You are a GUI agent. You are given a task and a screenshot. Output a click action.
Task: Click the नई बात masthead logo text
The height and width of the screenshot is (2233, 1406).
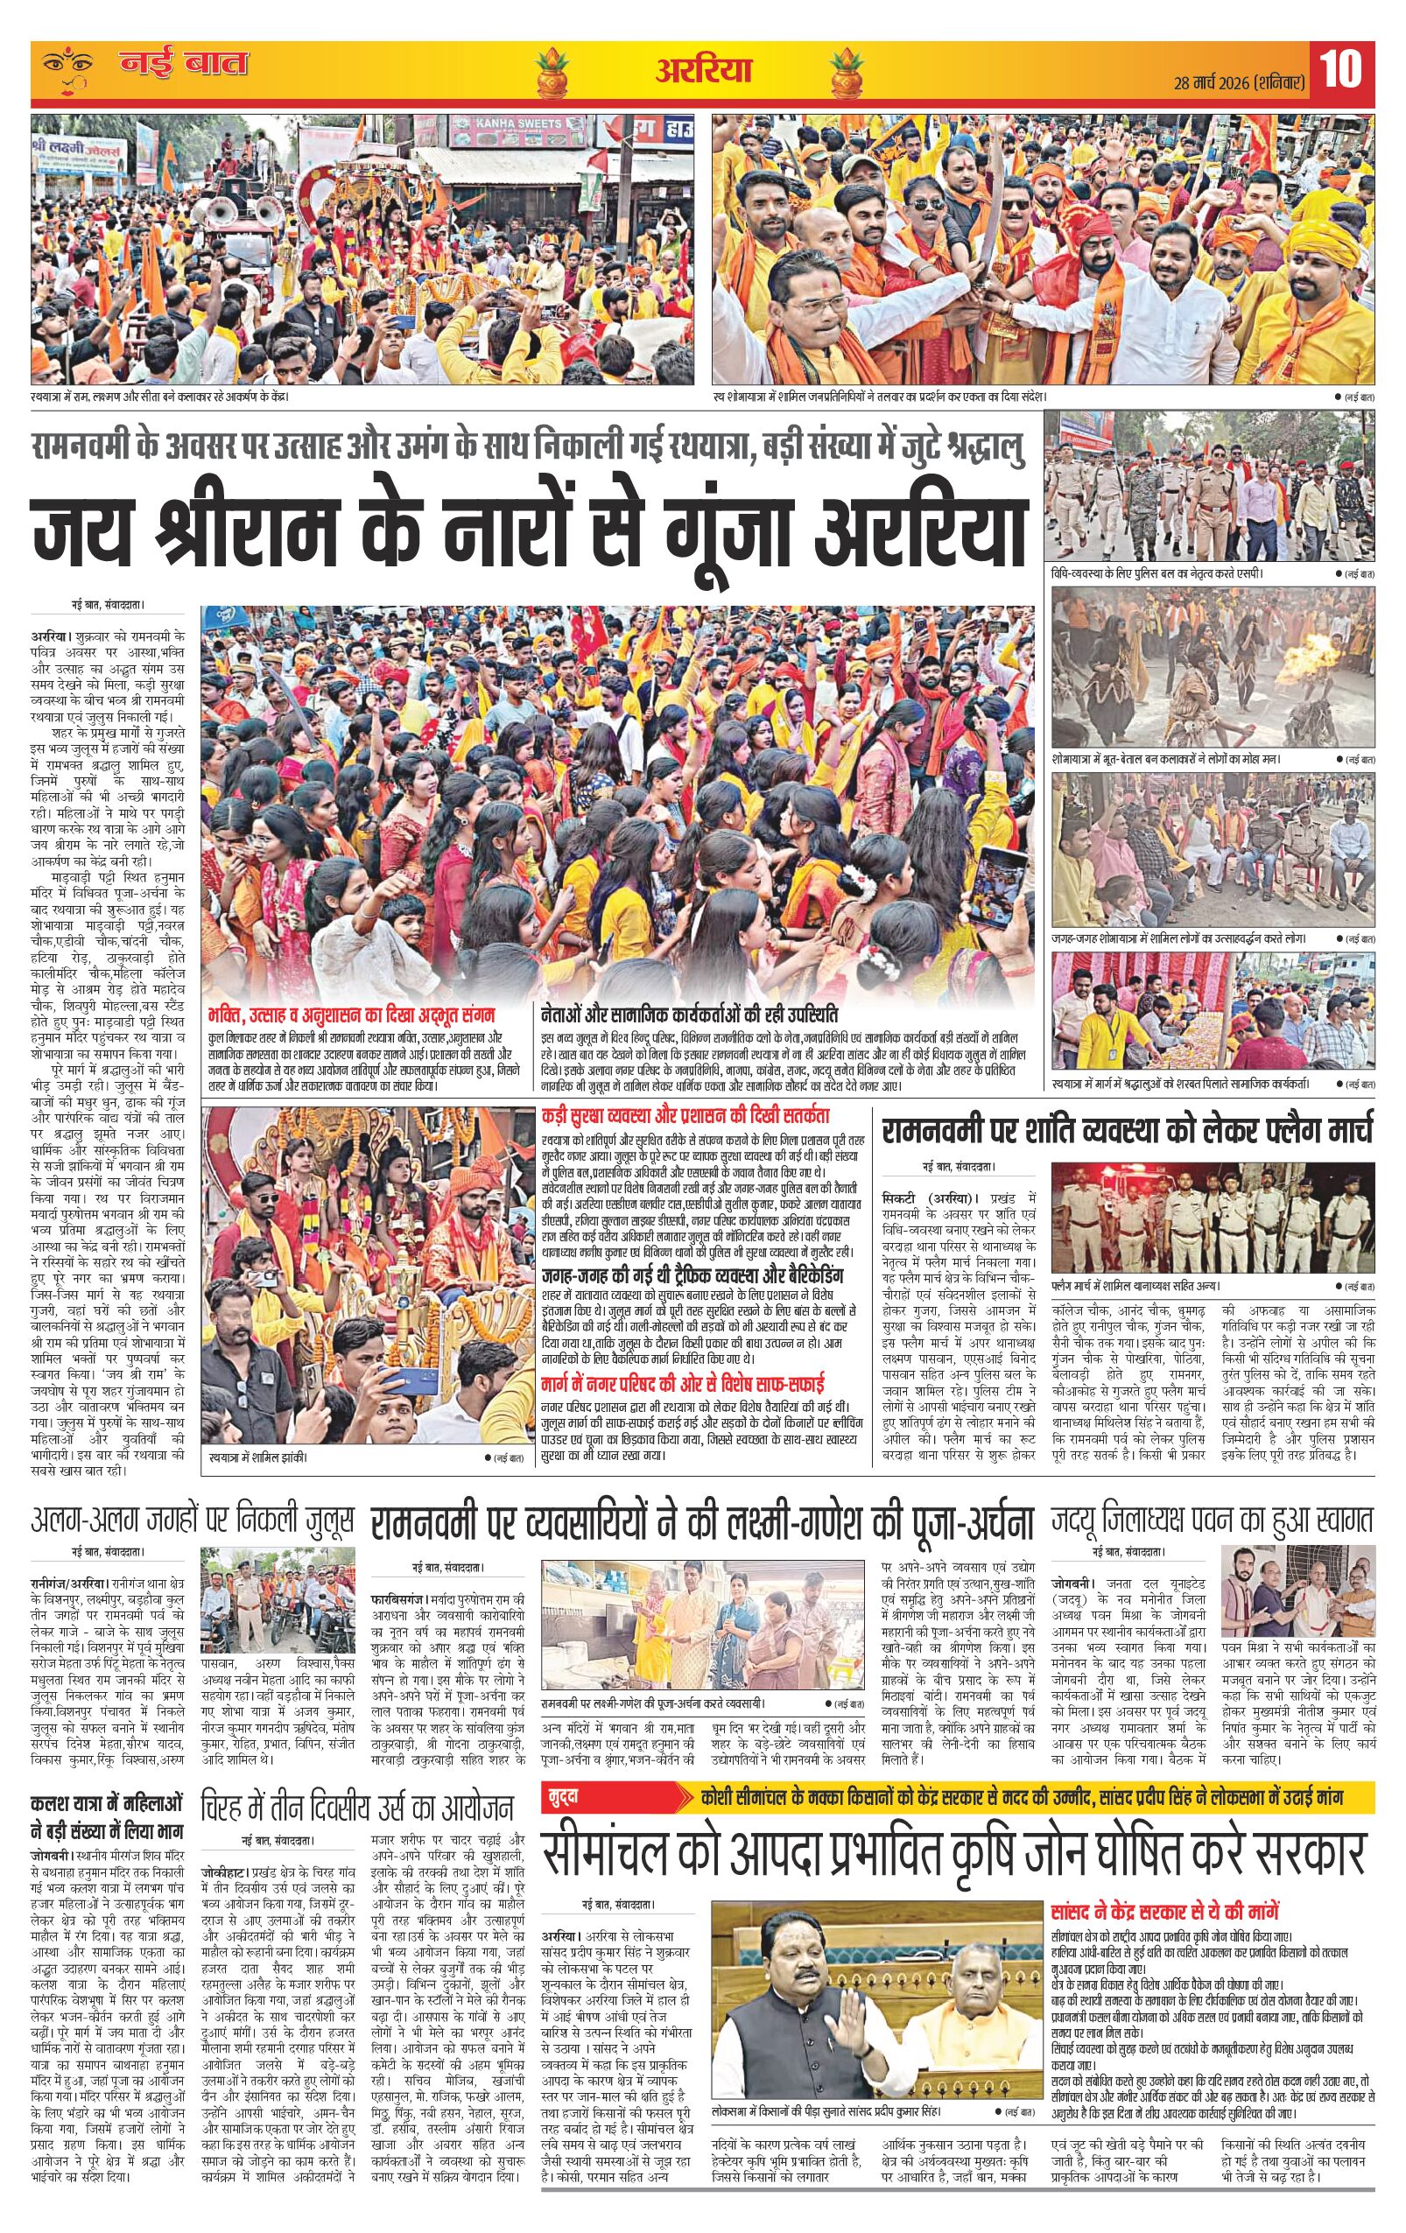(183, 65)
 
